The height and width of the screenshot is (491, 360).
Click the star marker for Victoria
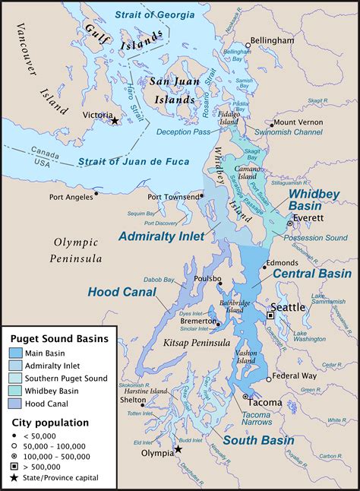(114, 121)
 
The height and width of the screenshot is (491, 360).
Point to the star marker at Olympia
(178, 449)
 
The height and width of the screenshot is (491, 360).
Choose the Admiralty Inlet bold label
(161, 236)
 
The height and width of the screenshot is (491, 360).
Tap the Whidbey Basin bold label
(314, 200)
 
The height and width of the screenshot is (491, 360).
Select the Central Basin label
(312, 273)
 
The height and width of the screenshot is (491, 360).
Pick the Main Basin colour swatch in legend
(15, 353)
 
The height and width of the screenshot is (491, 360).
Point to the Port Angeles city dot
(96, 193)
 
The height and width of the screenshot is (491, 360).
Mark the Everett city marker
(289, 224)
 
